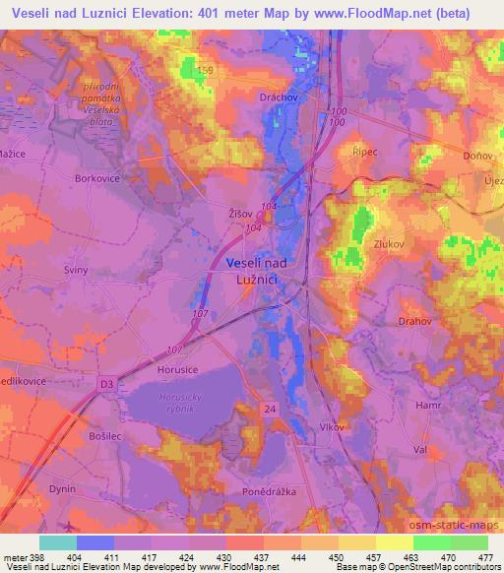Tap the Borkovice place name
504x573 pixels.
[96, 179]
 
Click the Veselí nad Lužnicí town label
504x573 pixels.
[257, 271]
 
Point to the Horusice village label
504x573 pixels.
[178, 368]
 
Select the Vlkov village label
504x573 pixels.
[329, 427]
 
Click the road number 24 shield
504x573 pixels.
[270, 407]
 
